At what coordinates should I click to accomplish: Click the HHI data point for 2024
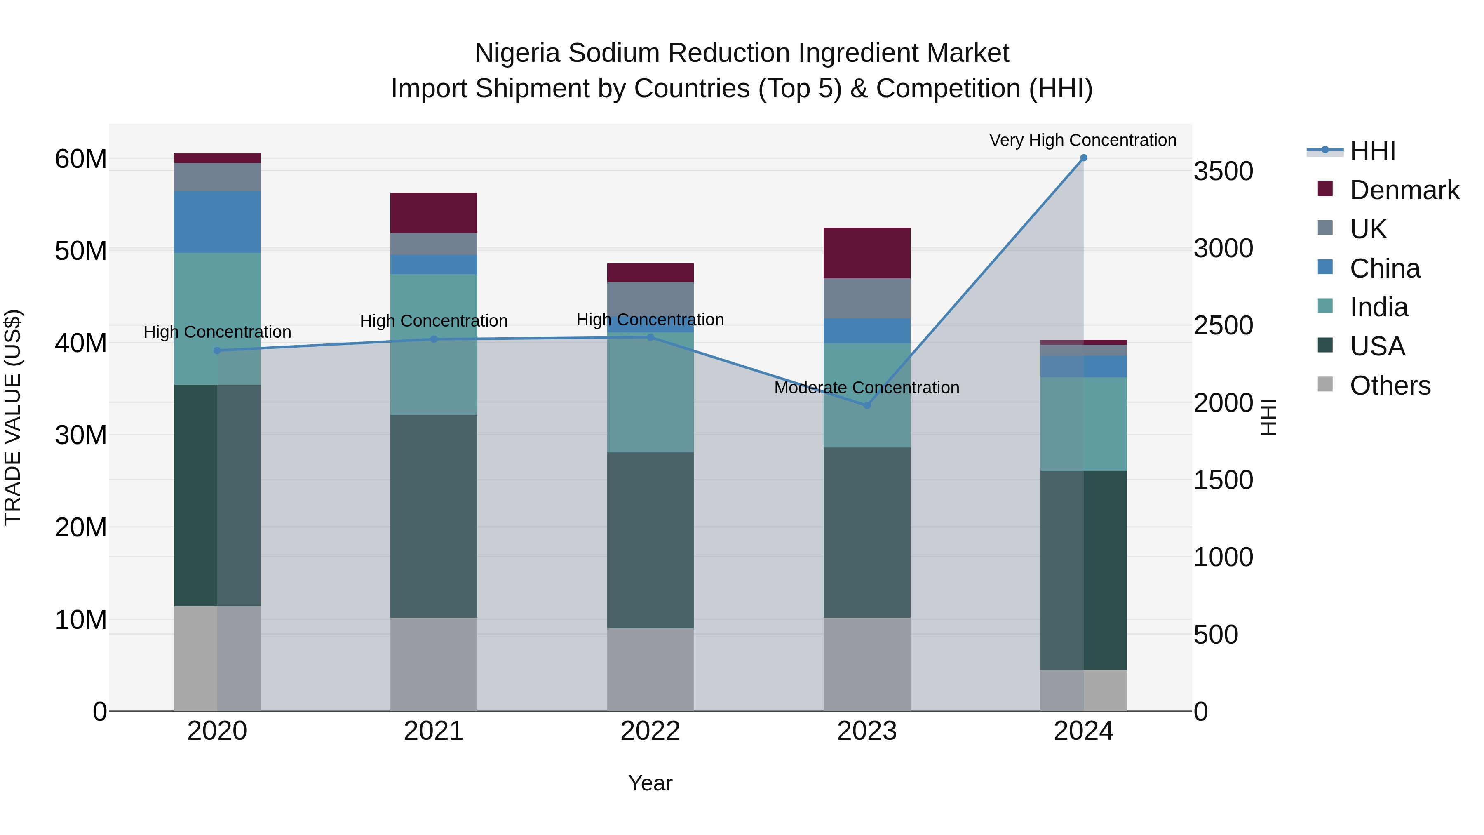click(x=1083, y=158)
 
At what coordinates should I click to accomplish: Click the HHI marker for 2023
click(x=866, y=406)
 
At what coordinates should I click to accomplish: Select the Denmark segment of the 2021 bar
click(x=433, y=213)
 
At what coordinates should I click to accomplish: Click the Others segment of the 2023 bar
click(x=866, y=664)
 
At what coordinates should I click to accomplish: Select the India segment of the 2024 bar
click(x=1083, y=424)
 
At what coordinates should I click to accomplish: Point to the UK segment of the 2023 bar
click(x=866, y=298)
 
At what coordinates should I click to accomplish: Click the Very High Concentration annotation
click(x=1082, y=141)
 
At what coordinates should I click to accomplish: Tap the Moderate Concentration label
click(x=866, y=388)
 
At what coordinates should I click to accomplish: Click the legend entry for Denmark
click(x=1404, y=190)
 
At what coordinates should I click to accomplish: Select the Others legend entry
click(x=1390, y=386)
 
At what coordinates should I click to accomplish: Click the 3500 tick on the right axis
click(x=1223, y=171)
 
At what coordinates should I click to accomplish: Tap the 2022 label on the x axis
click(x=650, y=731)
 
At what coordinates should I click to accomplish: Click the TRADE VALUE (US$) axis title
click(x=13, y=417)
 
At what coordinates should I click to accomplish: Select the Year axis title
click(x=650, y=783)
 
